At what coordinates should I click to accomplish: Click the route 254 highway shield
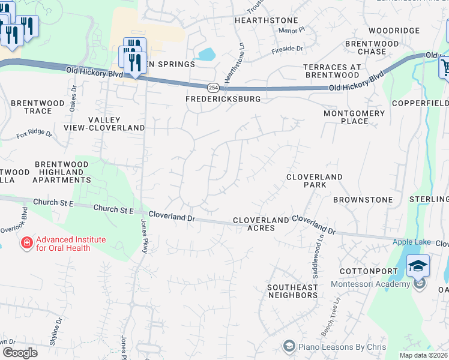click(213, 87)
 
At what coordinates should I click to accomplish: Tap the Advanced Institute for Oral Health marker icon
click(26, 243)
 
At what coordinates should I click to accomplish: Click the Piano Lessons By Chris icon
click(289, 347)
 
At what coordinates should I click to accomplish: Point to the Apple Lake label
click(412, 242)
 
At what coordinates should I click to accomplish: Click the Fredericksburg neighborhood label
click(223, 98)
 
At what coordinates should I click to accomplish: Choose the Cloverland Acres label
click(262, 224)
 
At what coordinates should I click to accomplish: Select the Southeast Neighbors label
click(292, 292)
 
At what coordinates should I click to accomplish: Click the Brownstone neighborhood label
click(363, 199)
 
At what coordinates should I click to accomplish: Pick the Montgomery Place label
click(354, 117)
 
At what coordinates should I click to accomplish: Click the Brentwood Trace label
click(37, 107)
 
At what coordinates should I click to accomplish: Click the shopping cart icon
click(445, 67)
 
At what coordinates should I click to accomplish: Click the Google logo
click(20, 352)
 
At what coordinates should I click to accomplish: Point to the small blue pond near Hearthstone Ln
click(206, 55)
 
